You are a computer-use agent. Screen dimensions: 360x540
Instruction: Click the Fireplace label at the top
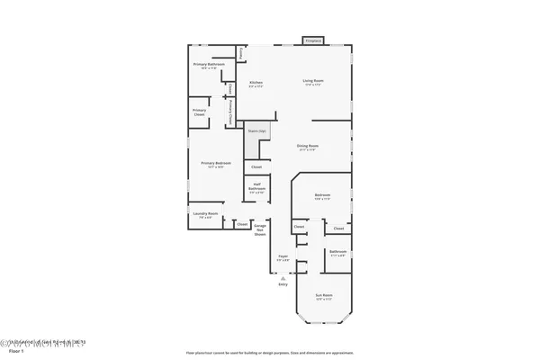[313, 40]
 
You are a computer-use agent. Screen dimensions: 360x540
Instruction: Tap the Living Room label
[312, 82]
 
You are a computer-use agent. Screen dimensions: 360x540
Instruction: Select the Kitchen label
[256, 82]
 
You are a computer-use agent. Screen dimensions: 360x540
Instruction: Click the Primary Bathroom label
[207, 65]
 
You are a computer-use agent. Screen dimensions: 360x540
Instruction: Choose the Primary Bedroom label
[216, 163]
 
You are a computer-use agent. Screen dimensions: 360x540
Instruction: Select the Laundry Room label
[206, 213]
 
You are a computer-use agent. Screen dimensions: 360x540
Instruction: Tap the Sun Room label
[323, 296]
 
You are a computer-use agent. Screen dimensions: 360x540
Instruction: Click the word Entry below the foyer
[283, 286]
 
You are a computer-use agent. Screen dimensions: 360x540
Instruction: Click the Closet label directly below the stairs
[256, 167]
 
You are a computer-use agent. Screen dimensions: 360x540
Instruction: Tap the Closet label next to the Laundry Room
[241, 224]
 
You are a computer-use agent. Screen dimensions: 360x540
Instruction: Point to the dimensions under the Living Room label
[312, 86]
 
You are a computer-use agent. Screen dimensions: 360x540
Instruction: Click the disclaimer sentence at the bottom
[271, 353]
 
